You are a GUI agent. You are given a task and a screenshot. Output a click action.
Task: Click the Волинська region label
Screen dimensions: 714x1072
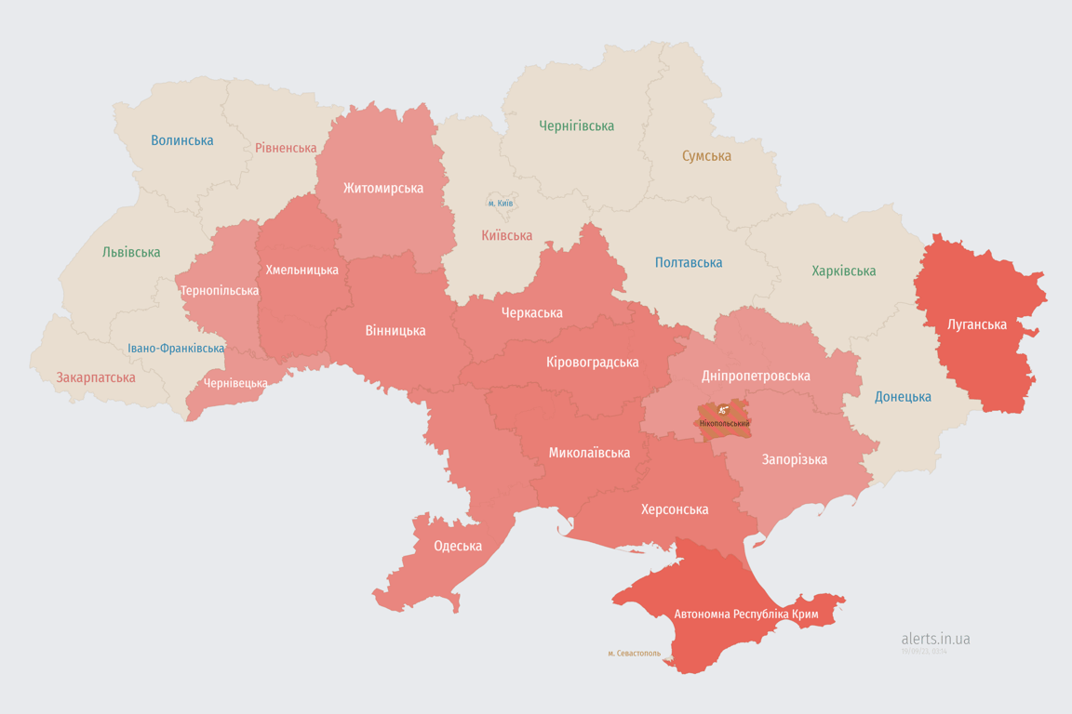(x=182, y=140)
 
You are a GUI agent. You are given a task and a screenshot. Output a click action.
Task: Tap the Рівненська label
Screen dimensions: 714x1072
(x=286, y=148)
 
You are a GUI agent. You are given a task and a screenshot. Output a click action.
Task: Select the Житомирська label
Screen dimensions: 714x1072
(x=382, y=188)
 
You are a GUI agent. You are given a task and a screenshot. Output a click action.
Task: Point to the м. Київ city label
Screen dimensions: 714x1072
(x=500, y=203)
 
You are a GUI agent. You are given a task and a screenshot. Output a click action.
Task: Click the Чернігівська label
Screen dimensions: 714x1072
(x=576, y=126)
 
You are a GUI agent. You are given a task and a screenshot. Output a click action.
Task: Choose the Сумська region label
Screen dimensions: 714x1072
(x=706, y=156)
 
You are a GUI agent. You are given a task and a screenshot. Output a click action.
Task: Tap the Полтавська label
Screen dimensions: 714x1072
(x=689, y=263)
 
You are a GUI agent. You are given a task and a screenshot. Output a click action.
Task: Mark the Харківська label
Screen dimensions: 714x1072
(x=843, y=271)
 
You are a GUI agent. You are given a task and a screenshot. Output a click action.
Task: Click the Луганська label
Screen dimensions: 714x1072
(x=976, y=324)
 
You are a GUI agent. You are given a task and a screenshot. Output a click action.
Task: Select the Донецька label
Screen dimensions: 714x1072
(x=903, y=397)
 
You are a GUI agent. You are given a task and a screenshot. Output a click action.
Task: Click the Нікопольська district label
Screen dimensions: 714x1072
(x=724, y=424)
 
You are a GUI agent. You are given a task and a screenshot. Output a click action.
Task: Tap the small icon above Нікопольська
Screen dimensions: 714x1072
(x=723, y=410)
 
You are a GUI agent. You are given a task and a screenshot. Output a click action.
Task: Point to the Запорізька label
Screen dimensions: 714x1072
(x=794, y=459)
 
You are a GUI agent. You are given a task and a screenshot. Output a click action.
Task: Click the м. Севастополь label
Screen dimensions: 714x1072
(x=634, y=654)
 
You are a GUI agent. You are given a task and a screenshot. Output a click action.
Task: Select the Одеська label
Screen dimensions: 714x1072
(x=458, y=546)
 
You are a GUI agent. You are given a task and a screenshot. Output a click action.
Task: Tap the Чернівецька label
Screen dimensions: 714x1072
(x=235, y=383)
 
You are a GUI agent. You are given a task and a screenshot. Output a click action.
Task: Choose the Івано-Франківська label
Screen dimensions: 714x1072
(x=176, y=349)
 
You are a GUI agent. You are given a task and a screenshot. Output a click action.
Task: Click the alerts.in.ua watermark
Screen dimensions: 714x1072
(x=935, y=639)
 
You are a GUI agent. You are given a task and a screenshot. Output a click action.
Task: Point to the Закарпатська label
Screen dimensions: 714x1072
(x=96, y=377)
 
